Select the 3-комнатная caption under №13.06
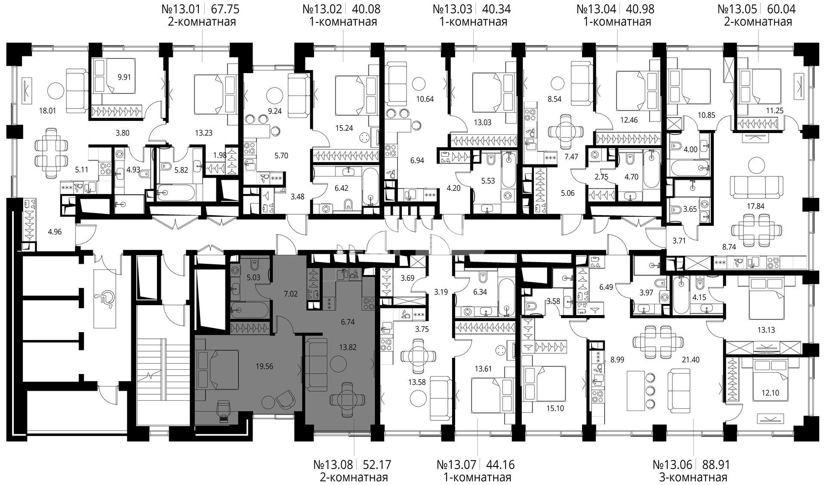pos(693,477)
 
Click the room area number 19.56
pos(264,367)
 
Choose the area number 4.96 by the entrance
pos(55,232)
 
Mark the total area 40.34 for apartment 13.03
pos(496,9)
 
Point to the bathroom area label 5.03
pos(253,278)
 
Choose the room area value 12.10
pos(764,393)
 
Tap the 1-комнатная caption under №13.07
pos(477,477)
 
